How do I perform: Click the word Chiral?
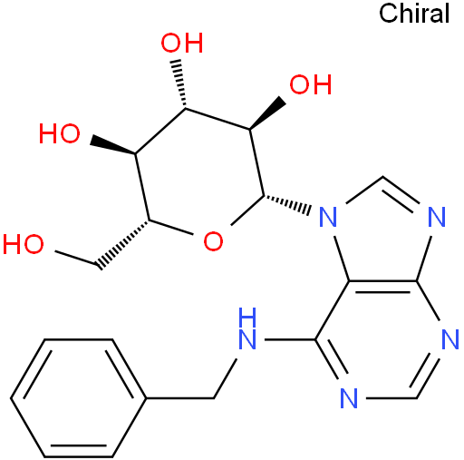click(x=414, y=14)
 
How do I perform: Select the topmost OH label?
click(x=181, y=43)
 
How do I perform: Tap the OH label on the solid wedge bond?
click(x=311, y=84)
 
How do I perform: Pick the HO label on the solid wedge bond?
click(x=60, y=133)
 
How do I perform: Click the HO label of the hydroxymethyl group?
click(x=24, y=244)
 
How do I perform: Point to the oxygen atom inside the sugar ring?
click(x=213, y=241)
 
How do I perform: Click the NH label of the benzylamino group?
click(x=247, y=328)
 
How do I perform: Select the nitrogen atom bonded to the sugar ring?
click(x=328, y=217)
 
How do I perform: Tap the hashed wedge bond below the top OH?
click(x=180, y=83)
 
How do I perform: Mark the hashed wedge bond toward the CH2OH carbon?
click(x=124, y=244)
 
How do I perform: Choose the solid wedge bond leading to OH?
click(x=268, y=114)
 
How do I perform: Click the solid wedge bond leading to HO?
click(x=112, y=145)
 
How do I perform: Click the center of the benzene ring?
click(x=79, y=398)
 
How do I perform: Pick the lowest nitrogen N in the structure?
click(x=349, y=398)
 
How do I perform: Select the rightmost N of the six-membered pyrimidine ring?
click(x=450, y=339)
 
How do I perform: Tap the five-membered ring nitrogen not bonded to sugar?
click(x=437, y=217)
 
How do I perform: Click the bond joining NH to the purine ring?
click(x=290, y=340)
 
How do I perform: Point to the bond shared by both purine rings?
click(x=382, y=281)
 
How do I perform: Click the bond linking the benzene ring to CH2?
click(x=180, y=398)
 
